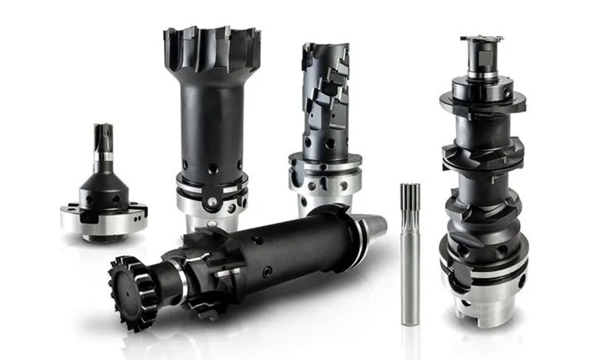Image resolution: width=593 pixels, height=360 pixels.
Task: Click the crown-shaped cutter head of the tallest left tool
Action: pos(211,48)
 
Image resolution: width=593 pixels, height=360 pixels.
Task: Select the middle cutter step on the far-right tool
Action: pos(481,161)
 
